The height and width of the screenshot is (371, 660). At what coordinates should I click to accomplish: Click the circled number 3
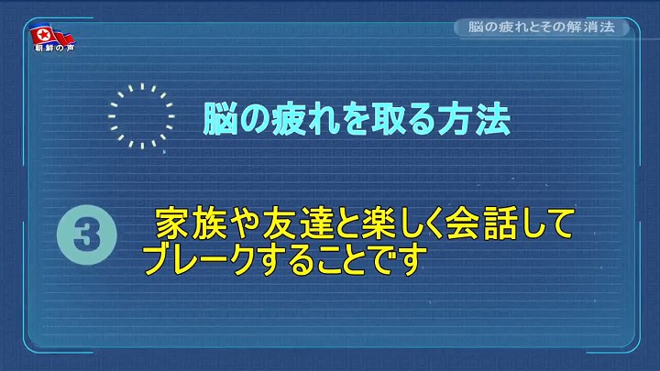point(87,235)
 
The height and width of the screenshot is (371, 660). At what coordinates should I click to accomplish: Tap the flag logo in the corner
point(51,35)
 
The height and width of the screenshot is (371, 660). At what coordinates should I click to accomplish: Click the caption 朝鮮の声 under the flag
point(55,49)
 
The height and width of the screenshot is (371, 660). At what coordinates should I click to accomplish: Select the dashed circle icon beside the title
point(141,116)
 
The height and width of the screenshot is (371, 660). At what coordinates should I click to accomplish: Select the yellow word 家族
point(191,224)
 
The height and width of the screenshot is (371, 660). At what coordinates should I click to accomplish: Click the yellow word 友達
point(298,224)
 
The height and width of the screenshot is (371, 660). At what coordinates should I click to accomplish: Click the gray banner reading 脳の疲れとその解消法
point(542,27)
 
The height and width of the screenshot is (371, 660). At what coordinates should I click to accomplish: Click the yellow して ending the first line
point(546,224)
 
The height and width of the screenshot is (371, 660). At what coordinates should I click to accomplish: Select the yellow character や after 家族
point(244,224)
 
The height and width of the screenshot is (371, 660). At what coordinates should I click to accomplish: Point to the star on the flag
point(43,35)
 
